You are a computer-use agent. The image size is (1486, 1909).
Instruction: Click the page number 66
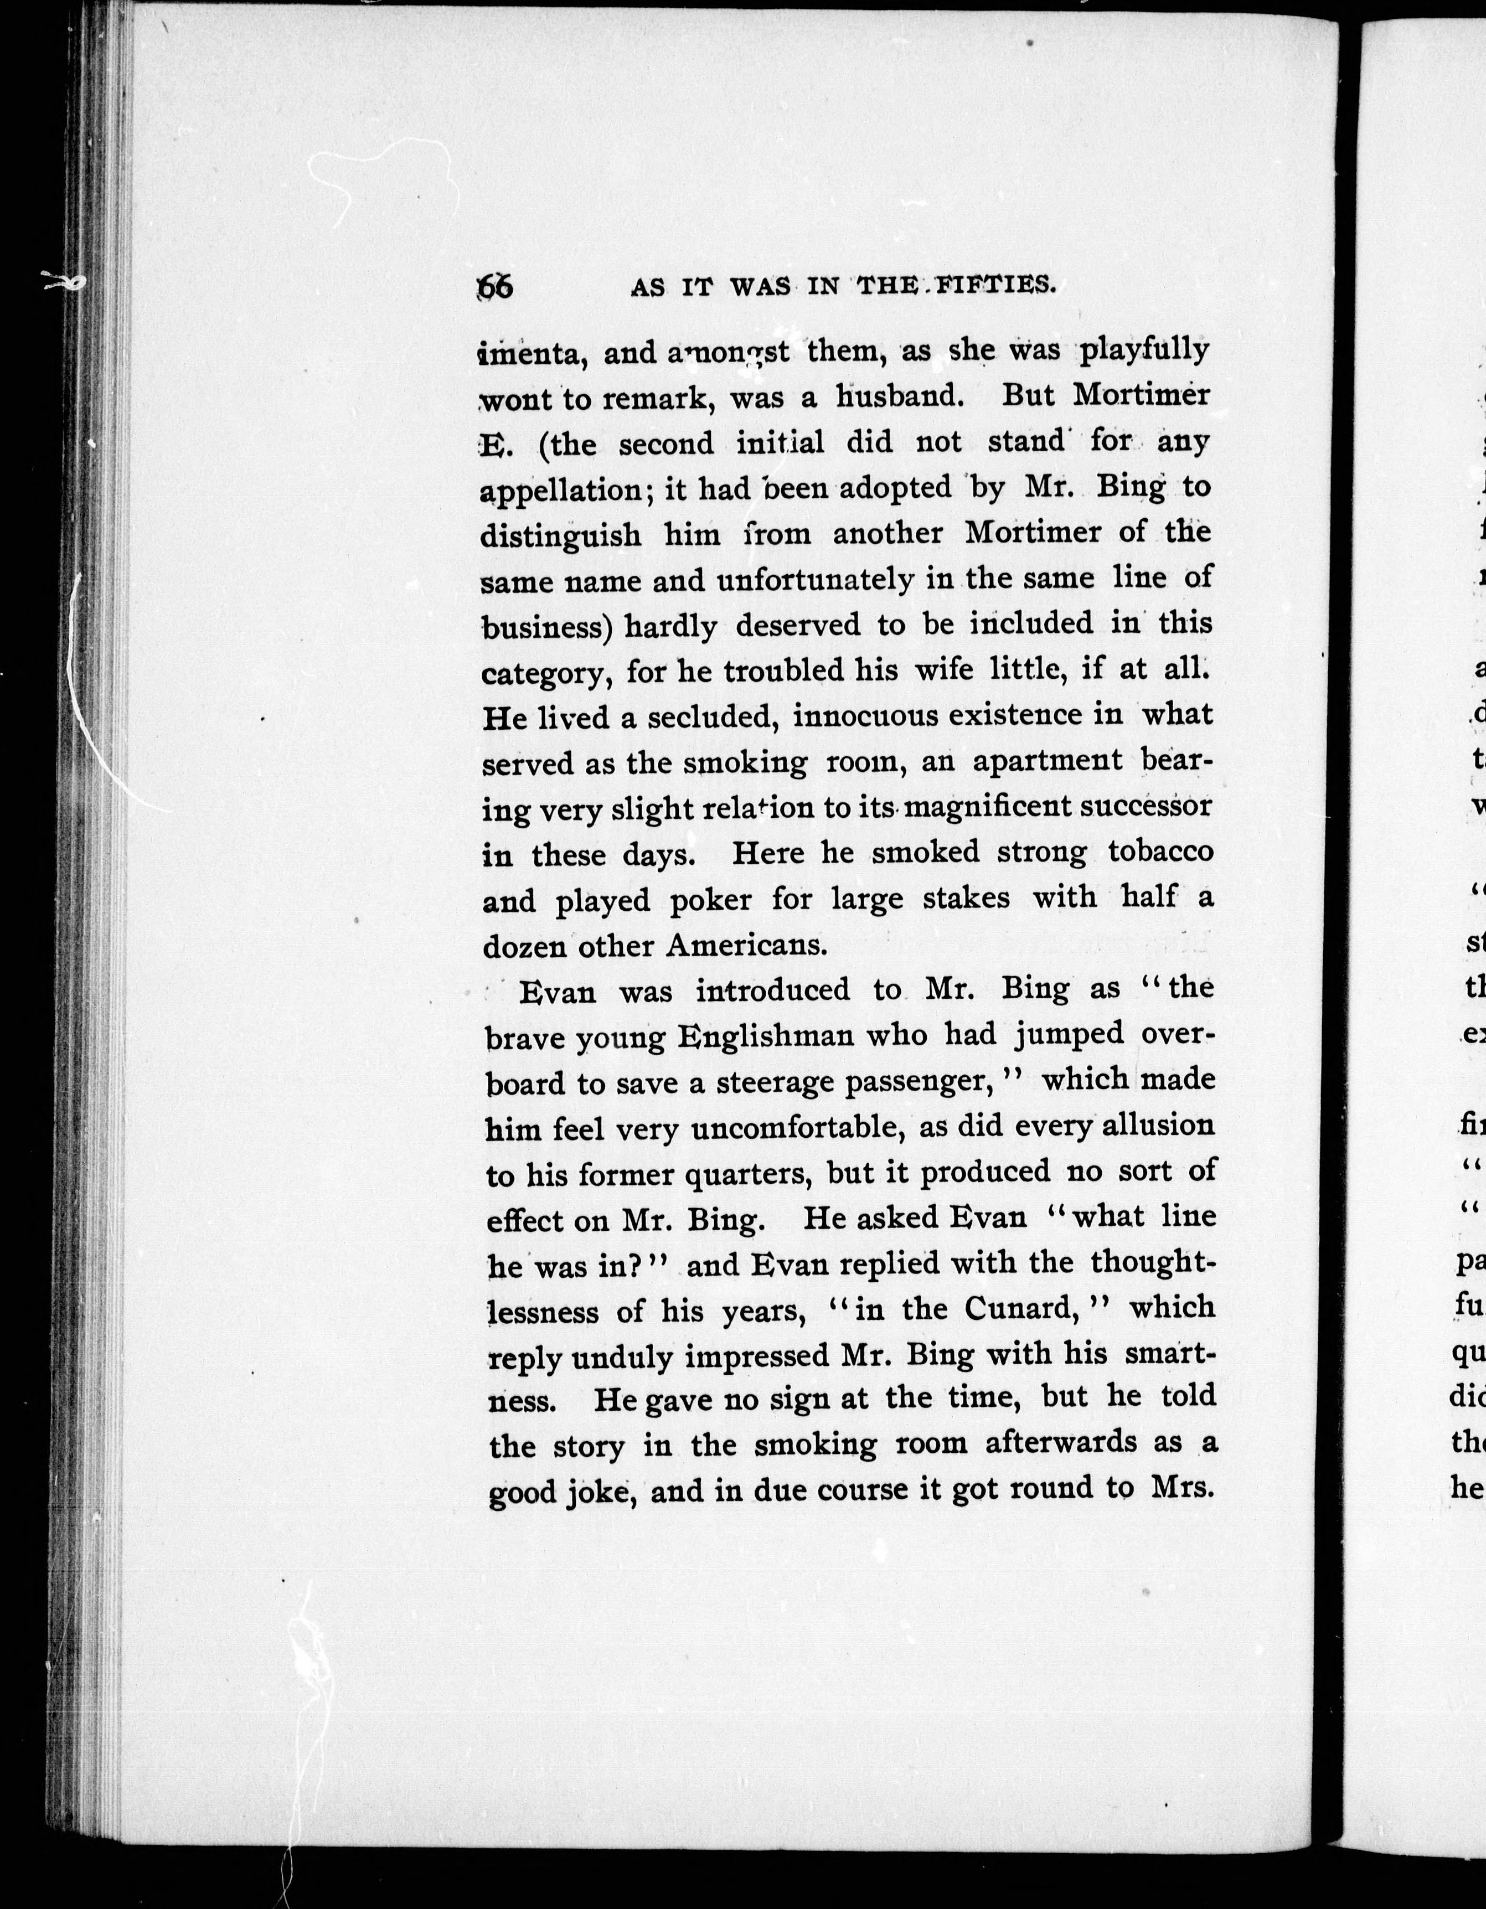coord(496,287)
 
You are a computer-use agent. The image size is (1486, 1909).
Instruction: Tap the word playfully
coord(1144,350)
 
